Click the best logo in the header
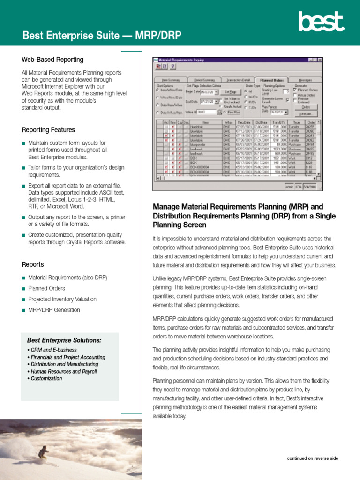pos(321,22)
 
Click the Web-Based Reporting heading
pos(52,60)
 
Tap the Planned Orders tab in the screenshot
pos(272,80)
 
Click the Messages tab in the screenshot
pos(305,80)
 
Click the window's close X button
pos(320,60)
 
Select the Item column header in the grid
pos(205,122)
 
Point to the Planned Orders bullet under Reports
pos(46,288)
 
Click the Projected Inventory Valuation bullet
pos(62,299)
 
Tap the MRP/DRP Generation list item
pos(54,310)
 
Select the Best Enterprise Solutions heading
pos(64,340)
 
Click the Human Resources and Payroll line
pos(64,371)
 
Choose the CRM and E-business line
pos(53,350)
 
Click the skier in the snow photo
pos(43,452)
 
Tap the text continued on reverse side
pos(312,458)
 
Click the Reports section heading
pos(33,264)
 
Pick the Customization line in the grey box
pos(46,378)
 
